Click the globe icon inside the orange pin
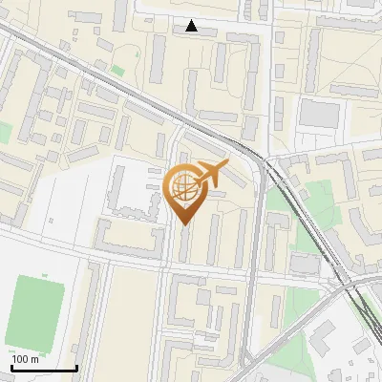182,188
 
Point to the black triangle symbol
192,26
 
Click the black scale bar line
44,368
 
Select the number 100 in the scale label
21,359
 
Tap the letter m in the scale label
34,359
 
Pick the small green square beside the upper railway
117,70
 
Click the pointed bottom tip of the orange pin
182,224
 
